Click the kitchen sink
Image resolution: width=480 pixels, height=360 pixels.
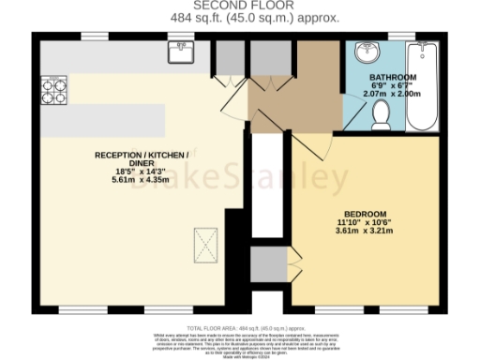click(178, 52)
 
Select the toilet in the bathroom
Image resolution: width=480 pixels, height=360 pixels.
click(382, 115)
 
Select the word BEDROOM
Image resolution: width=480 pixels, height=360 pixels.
click(360, 212)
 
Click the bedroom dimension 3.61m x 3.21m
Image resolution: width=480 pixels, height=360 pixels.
click(360, 231)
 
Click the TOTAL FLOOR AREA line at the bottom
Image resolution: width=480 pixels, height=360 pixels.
click(241, 318)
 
